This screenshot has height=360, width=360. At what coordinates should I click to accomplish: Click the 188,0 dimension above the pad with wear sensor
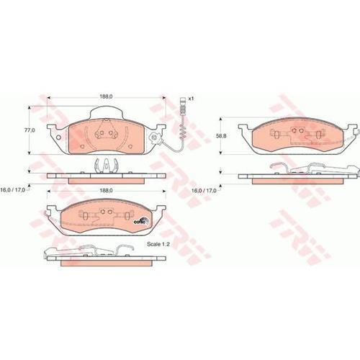click(x=106, y=96)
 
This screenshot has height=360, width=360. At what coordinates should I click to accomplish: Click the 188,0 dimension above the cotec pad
click(x=106, y=190)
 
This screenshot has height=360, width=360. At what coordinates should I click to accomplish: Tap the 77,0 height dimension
click(x=30, y=130)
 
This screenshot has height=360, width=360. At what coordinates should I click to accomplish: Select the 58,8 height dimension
click(x=221, y=136)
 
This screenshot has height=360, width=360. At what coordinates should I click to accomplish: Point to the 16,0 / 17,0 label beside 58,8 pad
click(x=204, y=191)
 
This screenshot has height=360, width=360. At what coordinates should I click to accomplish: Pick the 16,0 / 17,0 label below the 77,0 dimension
click(x=13, y=190)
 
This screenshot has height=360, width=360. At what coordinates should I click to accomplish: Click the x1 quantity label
click(x=191, y=99)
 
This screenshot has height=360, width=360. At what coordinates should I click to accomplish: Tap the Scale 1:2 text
click(x=158, y=244)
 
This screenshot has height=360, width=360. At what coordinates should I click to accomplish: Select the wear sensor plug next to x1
click(x=183, y=106)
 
